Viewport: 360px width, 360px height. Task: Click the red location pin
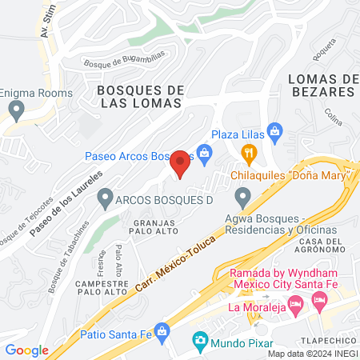[x=180, y=163]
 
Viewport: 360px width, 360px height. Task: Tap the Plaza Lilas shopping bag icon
[x=274, y=129]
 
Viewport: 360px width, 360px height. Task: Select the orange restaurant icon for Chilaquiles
[x=250, y=152]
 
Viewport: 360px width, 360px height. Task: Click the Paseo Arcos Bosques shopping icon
[x=205, y=151]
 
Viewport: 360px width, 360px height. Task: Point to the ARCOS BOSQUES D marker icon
[x=104, y=195]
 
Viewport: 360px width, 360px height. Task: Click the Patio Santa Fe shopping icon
[x=162, y=330]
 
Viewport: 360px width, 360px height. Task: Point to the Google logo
[x=26, y=350]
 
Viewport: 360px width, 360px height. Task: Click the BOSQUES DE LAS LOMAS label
[x=141, y=98]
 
